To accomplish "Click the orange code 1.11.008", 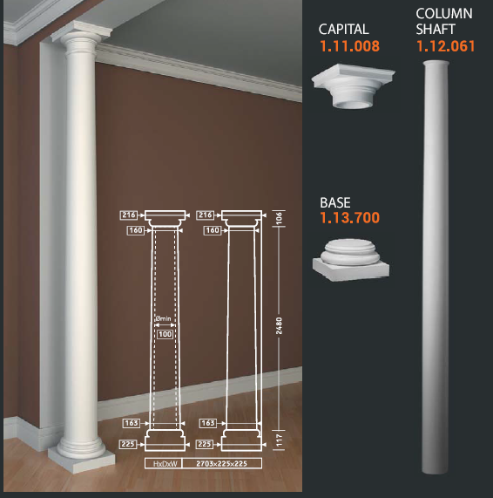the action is point(349,46).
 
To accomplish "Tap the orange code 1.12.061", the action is point(445,46).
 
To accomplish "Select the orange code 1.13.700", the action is point(349,217).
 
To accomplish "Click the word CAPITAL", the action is point(343,30).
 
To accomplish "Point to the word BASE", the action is point(335,202).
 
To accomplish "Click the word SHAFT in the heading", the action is point(436,30).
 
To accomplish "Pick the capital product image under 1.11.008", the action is point(353,85).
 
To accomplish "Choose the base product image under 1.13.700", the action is point(351,260).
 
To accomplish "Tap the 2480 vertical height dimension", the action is point(279,325).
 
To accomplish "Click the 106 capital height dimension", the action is point(279,219).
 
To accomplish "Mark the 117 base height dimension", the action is point(279,440).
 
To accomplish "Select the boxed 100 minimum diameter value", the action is point(165,334).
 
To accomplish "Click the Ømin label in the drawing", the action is point(164,318).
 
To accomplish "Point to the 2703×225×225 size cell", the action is point(222,464).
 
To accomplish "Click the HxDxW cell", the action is point(165,464).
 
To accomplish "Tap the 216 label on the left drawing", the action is point(129,215).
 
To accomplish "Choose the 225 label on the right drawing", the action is point(205,444).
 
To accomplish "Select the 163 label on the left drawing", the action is point(132,423).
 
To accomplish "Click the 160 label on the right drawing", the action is point(213,230).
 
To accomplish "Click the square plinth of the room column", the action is point(82,460).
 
